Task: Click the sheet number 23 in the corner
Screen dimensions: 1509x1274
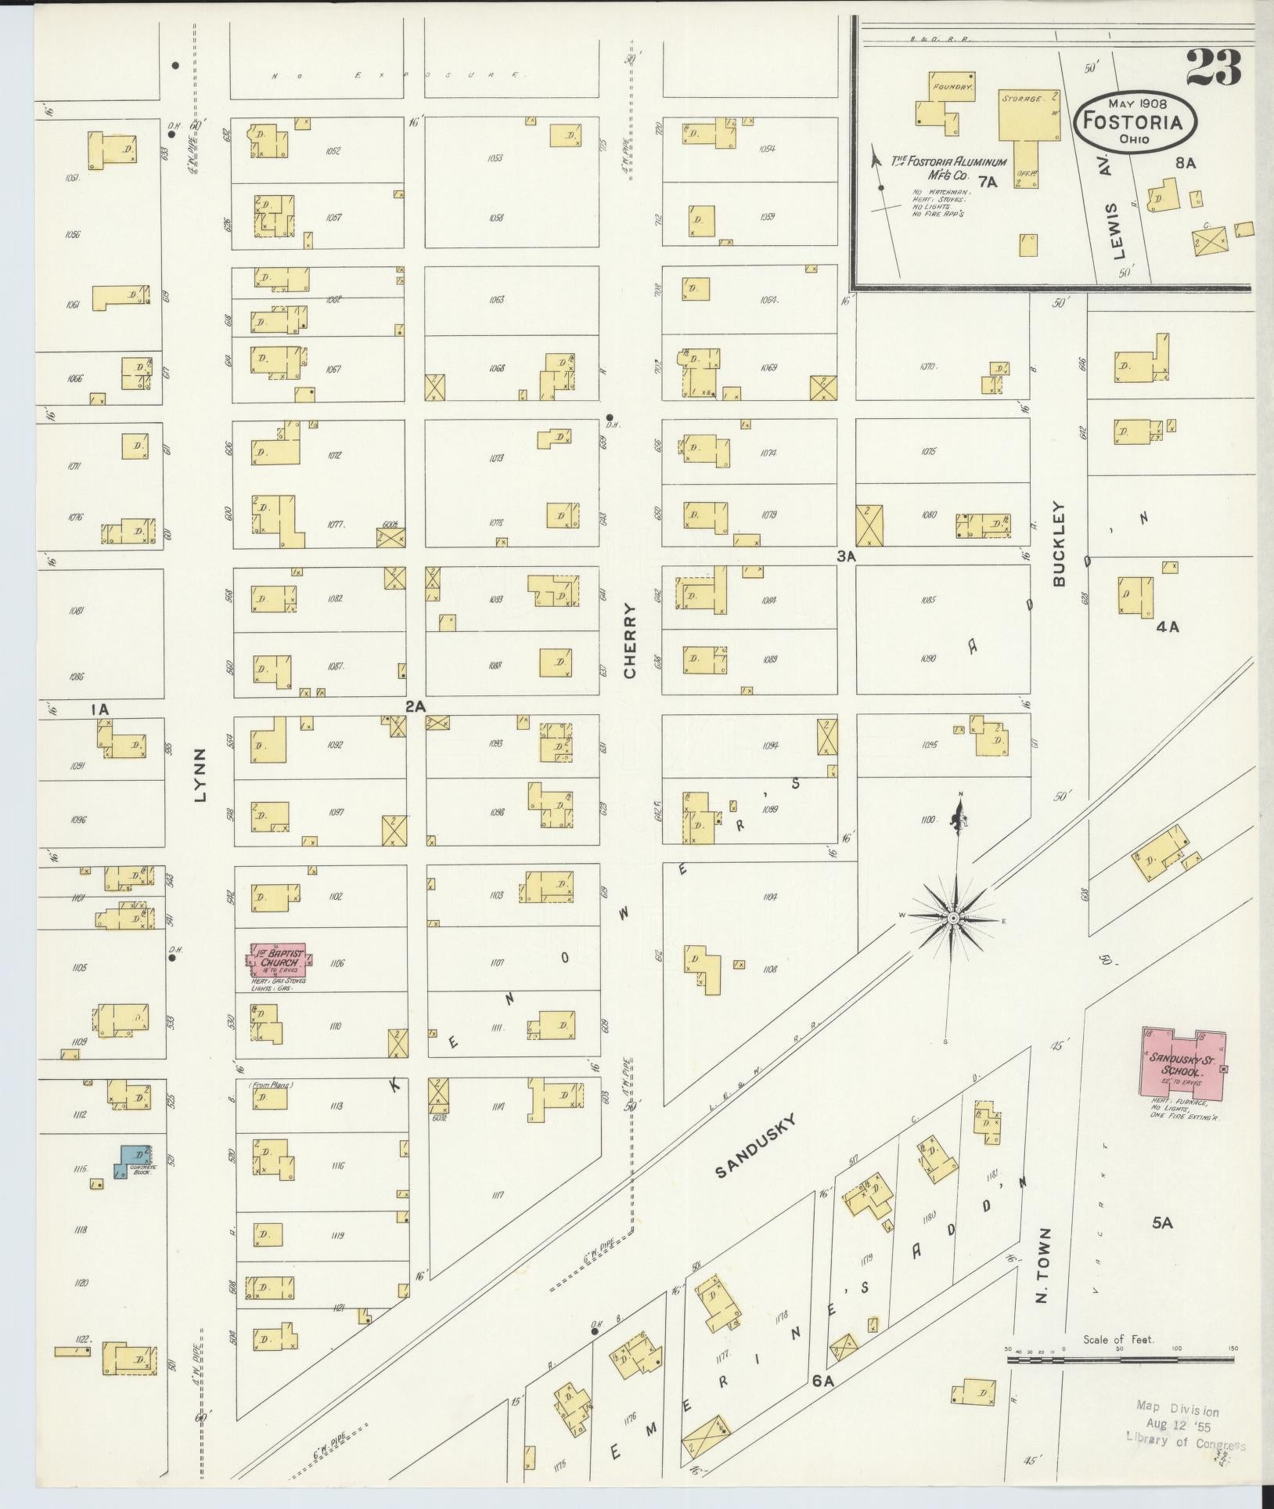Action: tap(1214, 69)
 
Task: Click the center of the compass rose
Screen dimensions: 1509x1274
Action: tap(953, 917)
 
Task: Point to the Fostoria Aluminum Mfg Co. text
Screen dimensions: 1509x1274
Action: tap(948, 164)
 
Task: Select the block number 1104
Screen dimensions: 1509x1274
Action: tap(770, 897)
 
